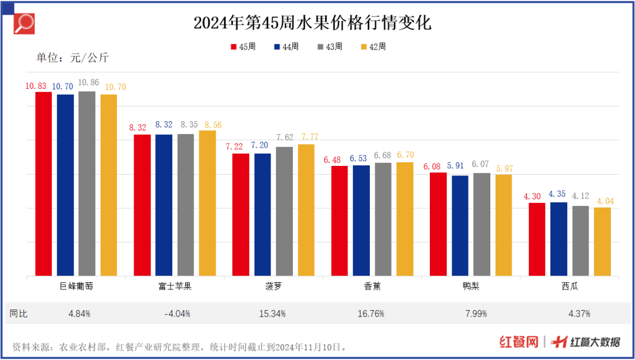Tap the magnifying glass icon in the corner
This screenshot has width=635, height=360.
point(24,24)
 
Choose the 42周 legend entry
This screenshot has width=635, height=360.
point(373,46)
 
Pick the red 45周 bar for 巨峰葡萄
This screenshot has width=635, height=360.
point(44,184)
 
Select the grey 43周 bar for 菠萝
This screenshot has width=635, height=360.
point(285,211)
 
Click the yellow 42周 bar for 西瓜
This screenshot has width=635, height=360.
point(602,241)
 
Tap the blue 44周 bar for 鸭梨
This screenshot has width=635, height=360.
point(460,225)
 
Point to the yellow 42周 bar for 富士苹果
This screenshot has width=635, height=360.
point(208,202)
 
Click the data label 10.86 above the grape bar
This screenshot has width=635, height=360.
point(88,83)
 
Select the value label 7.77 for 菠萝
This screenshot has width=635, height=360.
point(306,136)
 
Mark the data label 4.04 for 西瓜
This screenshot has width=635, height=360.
point(602,201)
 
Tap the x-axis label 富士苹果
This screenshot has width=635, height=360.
point(175,286)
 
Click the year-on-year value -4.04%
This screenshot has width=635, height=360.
point(177,314)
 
